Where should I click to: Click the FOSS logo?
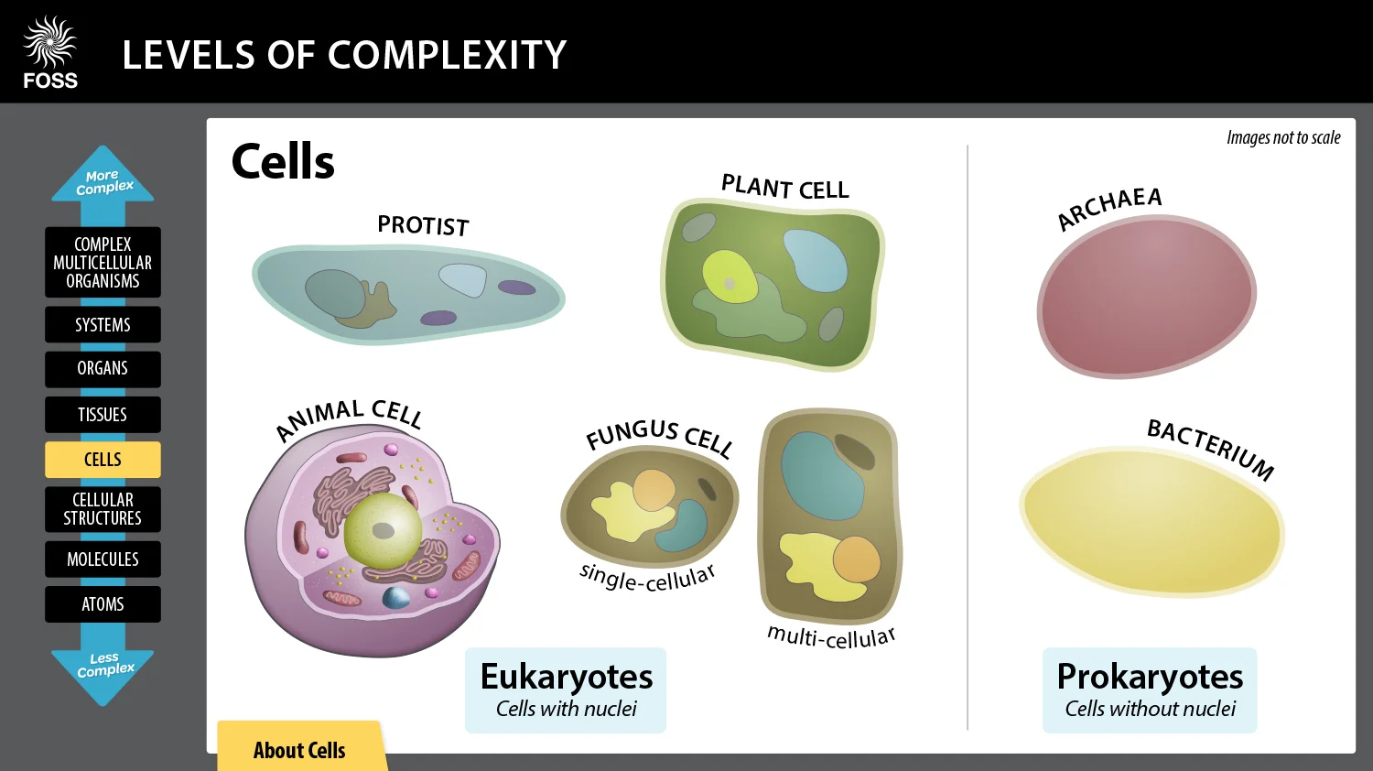50,53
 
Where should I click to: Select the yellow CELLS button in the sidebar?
103,460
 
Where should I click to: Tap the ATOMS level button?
103,604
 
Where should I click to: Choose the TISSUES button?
103,415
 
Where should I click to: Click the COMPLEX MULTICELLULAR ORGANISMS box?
103,263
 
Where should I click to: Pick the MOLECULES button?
103,559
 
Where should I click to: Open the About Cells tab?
299,750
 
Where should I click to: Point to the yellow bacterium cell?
1151,520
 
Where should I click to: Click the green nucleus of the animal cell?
383,531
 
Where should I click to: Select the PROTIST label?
423,225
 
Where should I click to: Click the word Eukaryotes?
566,677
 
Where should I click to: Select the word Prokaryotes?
1150,677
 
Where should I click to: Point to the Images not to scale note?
1282,138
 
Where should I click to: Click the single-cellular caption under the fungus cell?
646,578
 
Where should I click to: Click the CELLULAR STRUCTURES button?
103,509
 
